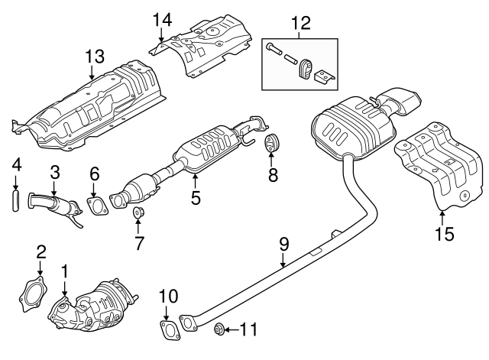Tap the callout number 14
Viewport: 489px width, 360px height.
click(163, 18)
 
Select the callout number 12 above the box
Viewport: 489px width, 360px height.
click(301, 22)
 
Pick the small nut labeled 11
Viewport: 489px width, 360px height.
click(218, 329)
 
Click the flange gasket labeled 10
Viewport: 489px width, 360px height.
click(168, 331)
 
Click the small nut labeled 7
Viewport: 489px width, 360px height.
click(138, 212)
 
